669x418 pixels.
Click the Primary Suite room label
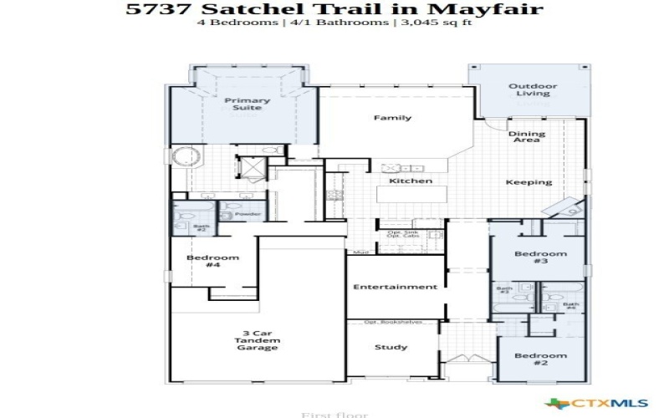(247, 104)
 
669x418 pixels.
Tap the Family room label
(392, 118)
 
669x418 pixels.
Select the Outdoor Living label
(529, 89)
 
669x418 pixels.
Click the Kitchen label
(411, 181)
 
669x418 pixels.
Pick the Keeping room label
(529, 182)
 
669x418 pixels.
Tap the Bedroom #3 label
(540, 257)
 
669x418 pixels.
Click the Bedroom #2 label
(540, 360)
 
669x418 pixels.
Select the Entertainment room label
(395, 287)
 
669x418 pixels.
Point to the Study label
(391, 347)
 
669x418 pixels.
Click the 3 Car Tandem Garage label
(257, 340)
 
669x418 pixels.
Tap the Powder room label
(247, 215)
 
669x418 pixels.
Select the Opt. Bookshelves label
(393, 322)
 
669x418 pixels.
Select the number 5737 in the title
(151, 10)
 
